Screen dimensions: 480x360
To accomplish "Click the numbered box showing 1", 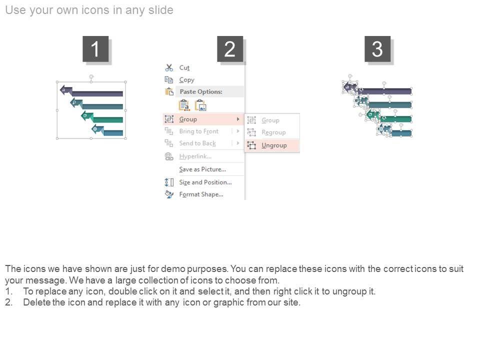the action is coord(95,49).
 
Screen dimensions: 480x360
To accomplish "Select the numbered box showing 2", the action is coord(230,49).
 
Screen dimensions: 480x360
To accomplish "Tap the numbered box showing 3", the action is coord(377,49).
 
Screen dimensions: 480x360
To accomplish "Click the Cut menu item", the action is coord(184,67).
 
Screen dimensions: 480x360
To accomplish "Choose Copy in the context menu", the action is coord(186,80).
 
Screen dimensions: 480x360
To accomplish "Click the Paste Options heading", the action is coord(201,91).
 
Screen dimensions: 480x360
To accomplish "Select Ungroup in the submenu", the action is coord(274,145).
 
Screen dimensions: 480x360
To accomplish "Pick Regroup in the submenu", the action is coord(273,132).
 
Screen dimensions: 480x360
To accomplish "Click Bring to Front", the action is coord(199,131).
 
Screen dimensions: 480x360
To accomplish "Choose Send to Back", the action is coord(197,143).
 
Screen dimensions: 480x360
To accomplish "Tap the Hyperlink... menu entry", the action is coord(195,156).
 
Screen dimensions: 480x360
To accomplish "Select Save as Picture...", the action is coord(202,169).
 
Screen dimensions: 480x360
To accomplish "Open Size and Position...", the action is coord(205,182).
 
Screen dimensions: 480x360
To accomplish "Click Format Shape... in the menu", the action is coord(201,194).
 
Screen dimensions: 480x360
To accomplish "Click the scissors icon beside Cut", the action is coord(169,67).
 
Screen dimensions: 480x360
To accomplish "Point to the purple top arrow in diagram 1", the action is coord(91,91).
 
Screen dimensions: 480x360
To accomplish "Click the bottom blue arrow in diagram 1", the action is coord(107,130).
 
